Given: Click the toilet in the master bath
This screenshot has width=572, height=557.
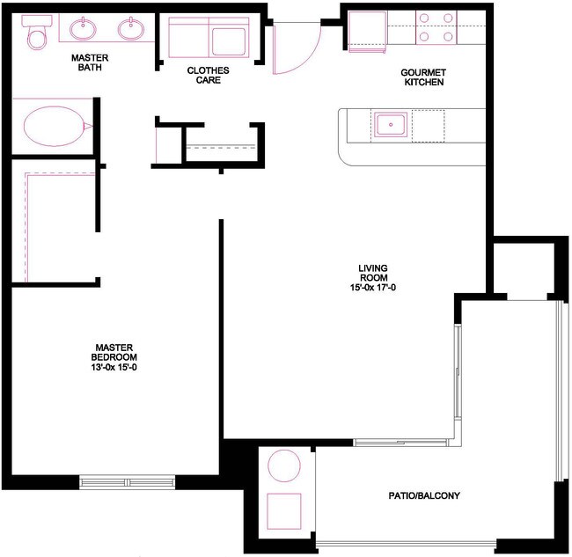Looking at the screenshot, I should (36, 36).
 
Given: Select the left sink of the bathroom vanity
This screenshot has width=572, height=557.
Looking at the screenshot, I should (84, 29).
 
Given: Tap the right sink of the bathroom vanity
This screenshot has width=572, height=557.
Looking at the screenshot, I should (132, 29).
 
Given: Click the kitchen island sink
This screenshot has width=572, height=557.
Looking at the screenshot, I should (389, 124).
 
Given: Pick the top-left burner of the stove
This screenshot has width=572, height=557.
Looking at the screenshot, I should (425, 18).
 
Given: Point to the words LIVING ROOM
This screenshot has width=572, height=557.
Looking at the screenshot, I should (373, 273).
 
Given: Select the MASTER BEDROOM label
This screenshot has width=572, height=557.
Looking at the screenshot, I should (114, 351).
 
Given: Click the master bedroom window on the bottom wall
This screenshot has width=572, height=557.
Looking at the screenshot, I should (128, 481).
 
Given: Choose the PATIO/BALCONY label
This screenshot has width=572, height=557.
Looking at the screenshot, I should (424, 496).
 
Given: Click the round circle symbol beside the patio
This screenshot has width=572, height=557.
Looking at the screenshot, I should (284, 465).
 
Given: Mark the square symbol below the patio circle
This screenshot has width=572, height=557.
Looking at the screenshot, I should (284, 511).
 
